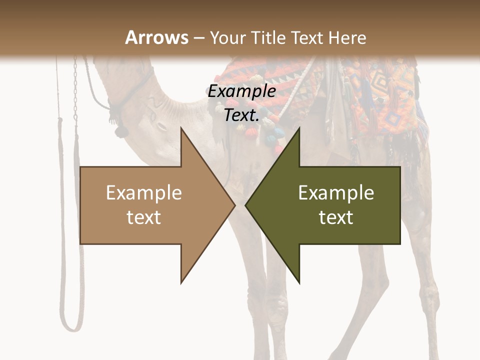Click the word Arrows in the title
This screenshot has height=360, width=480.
pos(156,37)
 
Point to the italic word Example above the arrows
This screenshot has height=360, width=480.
pos(241,91)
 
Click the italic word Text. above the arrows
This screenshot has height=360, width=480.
pos(241,115)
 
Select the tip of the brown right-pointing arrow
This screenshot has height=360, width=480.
pos(234,205)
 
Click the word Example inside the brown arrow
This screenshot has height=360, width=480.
pos(144,193)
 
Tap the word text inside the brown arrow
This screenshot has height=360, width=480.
pos(144,217)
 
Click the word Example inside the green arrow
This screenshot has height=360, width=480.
pos(336,193)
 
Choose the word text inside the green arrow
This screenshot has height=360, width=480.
pos(336,217)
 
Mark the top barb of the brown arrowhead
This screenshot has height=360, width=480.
pos(181,128)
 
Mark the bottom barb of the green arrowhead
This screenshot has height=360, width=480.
pos(299,282)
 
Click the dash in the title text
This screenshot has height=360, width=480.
pos(198,38)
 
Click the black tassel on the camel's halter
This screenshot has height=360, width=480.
pos(119,131)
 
